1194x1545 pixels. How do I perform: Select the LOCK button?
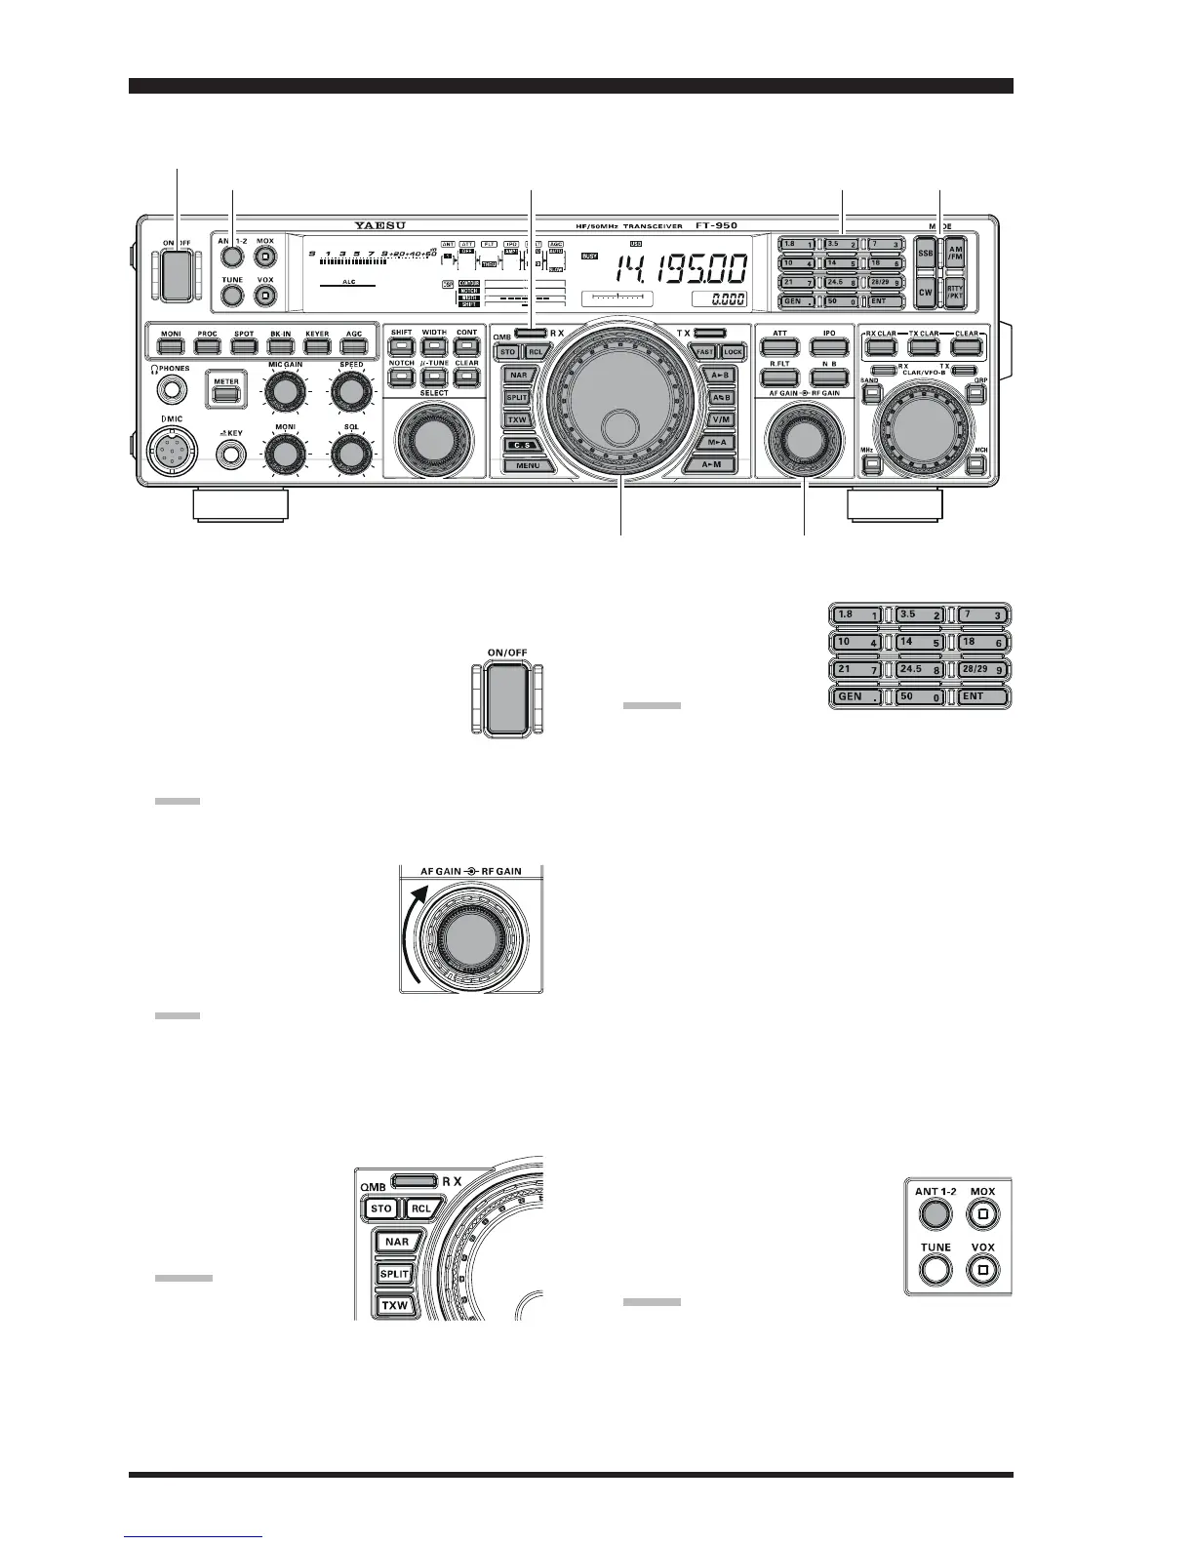point(733,351)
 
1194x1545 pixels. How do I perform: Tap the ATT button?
point(779,345)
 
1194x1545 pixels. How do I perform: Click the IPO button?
point(828,345)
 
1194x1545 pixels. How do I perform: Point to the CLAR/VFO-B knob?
point(920,426)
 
